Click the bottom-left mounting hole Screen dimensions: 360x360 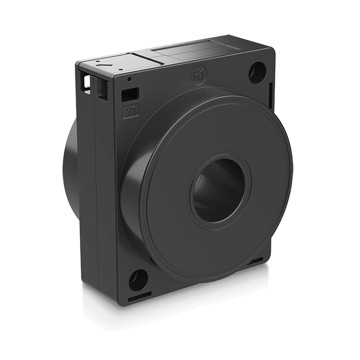(x=138, y=280)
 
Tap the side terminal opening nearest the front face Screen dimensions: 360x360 (x=101, y=88)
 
